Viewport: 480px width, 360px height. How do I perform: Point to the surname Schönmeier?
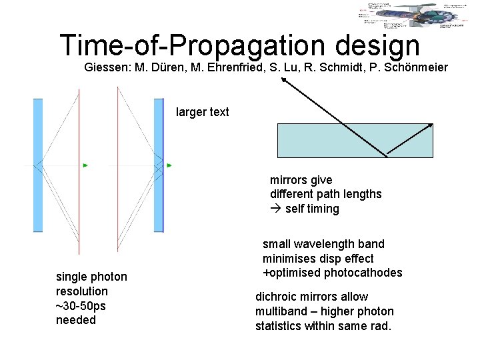tap(419, 67)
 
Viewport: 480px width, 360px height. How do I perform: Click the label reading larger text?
tap(202, 112)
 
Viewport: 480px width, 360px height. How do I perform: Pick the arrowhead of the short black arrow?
tap(431, 125)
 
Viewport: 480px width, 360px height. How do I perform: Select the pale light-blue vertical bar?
tap(38, 165)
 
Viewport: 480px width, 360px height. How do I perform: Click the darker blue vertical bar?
tap(159, 165)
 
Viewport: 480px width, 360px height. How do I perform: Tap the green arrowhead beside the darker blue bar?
tap(169, 165)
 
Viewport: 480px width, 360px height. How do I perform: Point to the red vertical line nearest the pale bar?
tap(79, 173)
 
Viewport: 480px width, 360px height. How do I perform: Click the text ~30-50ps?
tap(81, 305)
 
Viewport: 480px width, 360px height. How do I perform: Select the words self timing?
tap(312, 209)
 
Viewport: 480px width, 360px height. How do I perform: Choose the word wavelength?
tap(322, 244)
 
